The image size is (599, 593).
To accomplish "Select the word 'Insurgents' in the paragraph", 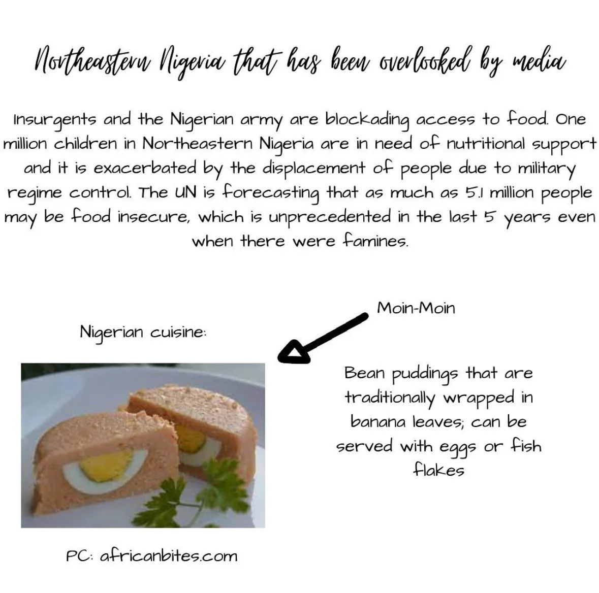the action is (x=55, y=120).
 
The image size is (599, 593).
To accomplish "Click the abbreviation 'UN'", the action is (x=185, y=192).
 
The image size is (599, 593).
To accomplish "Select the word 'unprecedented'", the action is (x=330, y=217).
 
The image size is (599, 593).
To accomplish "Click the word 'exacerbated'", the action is (x=145, y=168).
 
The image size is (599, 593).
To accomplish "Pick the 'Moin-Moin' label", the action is (x=416, y=308).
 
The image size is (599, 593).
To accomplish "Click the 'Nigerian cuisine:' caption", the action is (x=143, y=332).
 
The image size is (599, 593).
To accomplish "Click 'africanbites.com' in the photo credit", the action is (x=169, y=555).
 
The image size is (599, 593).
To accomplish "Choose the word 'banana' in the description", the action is (x=378, y=421).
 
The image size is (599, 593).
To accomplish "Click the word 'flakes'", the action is (x=438, y=470).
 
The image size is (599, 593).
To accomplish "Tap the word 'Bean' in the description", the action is (x=364, y=373).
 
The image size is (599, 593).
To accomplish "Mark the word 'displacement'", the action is (x=313, y=168).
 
